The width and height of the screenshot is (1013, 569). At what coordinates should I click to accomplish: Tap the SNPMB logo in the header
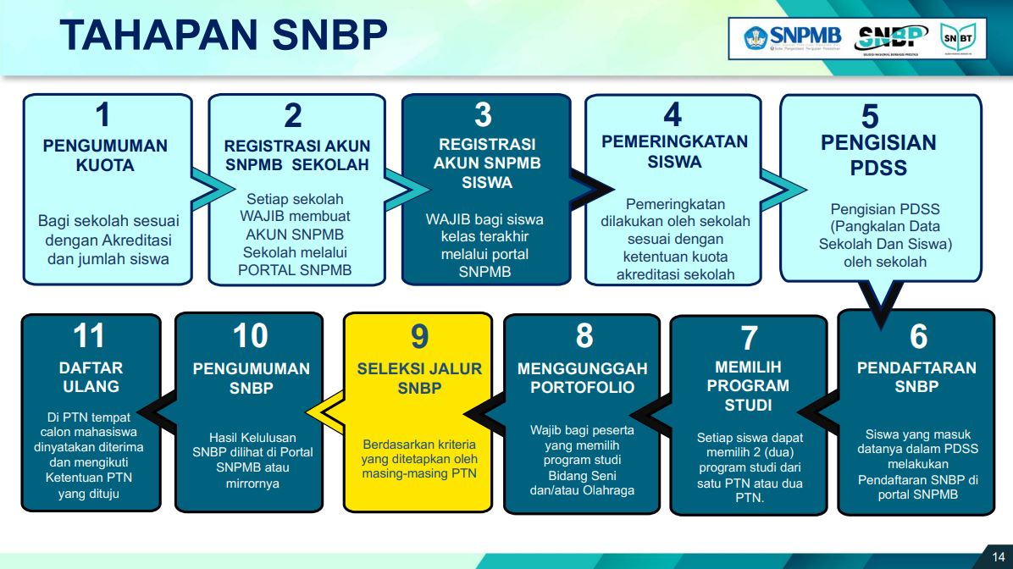[x=793, y=38]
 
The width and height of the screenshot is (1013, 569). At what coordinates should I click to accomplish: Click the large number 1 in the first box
[x=102, y=114]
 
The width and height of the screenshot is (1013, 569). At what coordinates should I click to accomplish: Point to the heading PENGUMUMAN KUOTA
[x=105, y=155]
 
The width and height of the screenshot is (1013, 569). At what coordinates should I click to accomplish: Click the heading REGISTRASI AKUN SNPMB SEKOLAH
[x=297, y=155]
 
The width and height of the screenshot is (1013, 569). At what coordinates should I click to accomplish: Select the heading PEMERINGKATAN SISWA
[x=674, y=152]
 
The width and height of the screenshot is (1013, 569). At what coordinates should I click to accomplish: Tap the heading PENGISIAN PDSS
[x=878, y=155]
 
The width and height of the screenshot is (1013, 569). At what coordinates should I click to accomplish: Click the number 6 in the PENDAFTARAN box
[x=918, y=336]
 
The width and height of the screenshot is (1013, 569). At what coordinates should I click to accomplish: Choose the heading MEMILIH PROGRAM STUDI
[x=748, y=386]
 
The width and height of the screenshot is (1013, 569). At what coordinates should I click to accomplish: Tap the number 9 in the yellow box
[x=419, y=336]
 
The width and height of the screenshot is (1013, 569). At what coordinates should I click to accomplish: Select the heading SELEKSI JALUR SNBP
[x=419, y=378]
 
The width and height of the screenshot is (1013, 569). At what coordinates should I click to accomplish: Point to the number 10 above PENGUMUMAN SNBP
[x=251, y=336]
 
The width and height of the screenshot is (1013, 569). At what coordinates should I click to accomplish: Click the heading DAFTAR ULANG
[x=91, y=377]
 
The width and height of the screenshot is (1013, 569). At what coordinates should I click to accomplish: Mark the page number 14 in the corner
[x=998, y=556]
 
